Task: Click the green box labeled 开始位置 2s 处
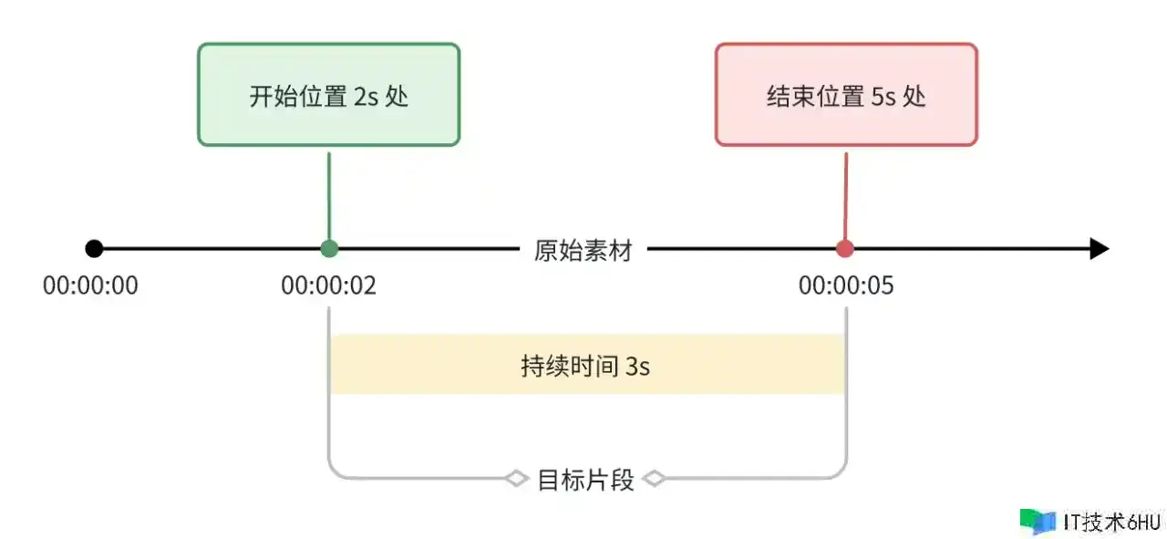pos(328,95)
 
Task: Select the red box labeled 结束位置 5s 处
pos(846,95)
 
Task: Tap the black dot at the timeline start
pos(94,248)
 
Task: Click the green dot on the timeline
pos(329,248)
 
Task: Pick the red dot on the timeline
pos(845,248)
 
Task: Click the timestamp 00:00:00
pos(90,285)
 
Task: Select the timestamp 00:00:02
pos(328,285)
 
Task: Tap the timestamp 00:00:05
pos(846,285)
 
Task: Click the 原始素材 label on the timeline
pos(583,249)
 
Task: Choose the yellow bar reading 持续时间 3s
pos(587,365)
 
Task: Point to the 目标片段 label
pos(585,479)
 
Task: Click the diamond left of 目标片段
pos(517,478)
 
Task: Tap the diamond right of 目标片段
pos(654,478)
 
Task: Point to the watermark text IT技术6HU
pos(1111,522)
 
